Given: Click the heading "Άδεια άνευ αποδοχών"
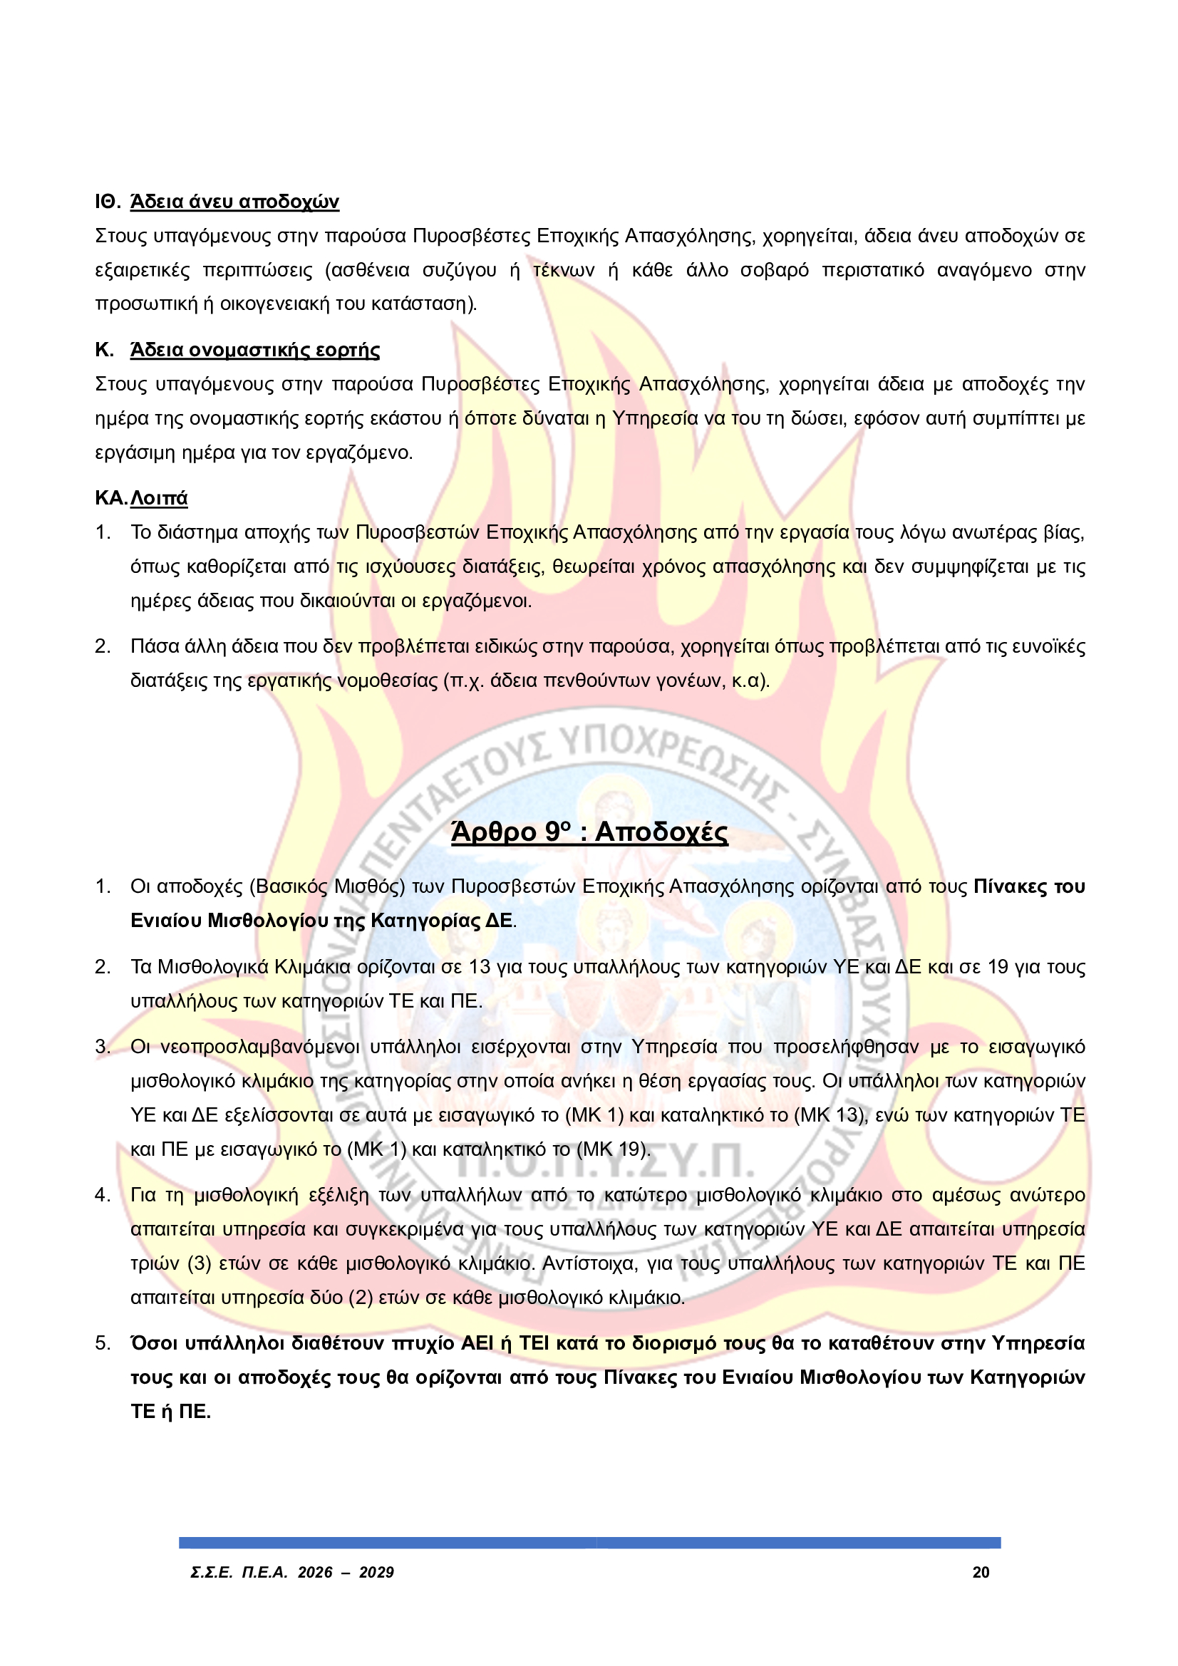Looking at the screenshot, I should tap(234, 202).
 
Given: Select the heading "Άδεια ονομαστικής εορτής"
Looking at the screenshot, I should tap(254, 350).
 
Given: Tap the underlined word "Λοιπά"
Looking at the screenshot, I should tap(159, 498).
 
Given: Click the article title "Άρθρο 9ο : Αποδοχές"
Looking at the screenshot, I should tap(589, 832).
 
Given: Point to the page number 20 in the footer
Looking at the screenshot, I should tap(981, 1573).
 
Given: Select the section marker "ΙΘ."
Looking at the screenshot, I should tap(108, 202).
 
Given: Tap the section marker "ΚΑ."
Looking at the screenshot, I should tap(110, 498).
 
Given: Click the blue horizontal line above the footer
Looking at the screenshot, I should tap(589, 1543).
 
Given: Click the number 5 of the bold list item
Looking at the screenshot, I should tap(103, 1343).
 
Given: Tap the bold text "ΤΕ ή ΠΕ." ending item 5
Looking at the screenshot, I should tap(170, 1412).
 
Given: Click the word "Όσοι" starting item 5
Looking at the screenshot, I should tap(154, 1343).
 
